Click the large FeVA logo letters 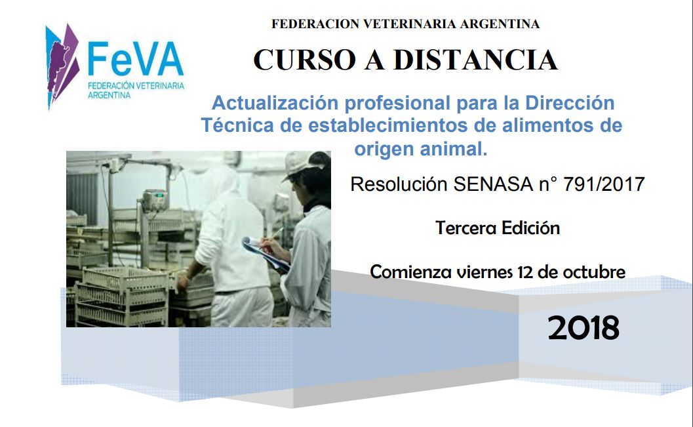click(136, 59)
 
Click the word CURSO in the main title click(304, 60)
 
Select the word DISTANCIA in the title click(475, 60)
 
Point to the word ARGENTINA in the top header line click(500, 24)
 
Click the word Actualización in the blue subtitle click(275, 103)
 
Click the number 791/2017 click(604, 184)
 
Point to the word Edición click(531, 228)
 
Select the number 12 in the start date click(525, 272)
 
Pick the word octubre click(594, 272)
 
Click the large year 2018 click(584, 328)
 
